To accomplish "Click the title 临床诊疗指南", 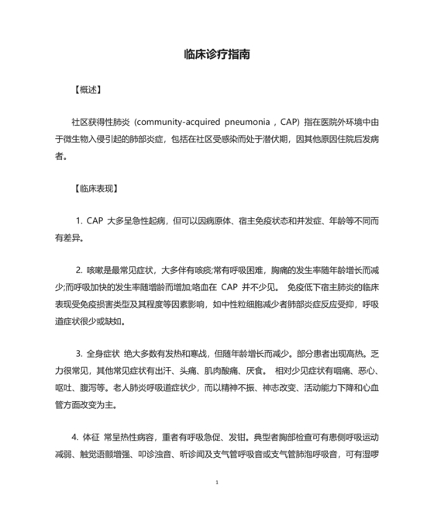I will click(x=216, y=56).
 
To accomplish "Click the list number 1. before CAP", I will click(x=79, y=221).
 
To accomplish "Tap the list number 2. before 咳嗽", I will click(x=78, y=271).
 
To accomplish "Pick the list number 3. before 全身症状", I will click(x=78, y=353).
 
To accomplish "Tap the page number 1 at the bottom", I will click(x=217, y=482).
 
